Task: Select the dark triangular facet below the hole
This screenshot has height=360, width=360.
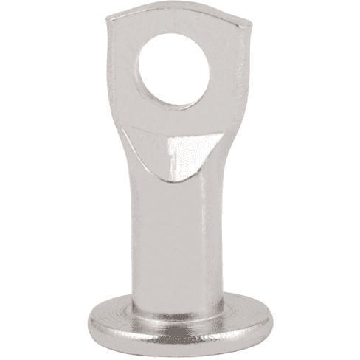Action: [x=181, y=151]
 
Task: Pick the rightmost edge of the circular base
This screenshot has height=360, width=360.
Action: [x=272, y=317]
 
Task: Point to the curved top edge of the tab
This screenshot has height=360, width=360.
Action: [x=181, y=12]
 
